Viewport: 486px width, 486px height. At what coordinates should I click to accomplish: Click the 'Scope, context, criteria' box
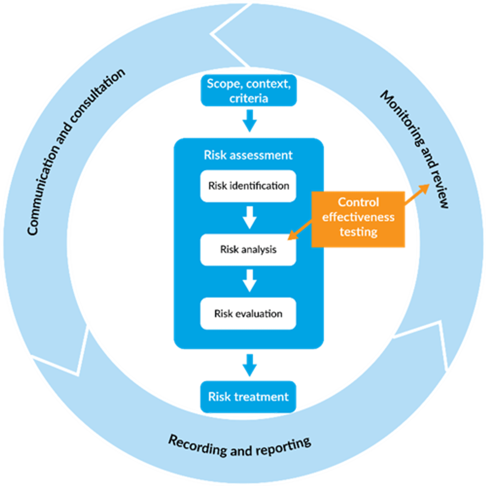click(x=249, y=91)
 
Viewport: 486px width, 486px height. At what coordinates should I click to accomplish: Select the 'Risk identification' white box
click(x=248, y=186)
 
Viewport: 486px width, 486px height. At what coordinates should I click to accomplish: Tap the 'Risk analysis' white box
click(x=248, y=249)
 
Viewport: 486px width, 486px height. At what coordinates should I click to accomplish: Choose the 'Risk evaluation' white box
click(x=248, y=314)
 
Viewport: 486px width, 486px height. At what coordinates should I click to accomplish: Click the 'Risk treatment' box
click(x=248, y=397)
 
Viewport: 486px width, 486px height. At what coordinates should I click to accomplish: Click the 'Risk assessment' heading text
click(x=248, y=155)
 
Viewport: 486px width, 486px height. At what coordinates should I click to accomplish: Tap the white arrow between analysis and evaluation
click(x=249, y=281)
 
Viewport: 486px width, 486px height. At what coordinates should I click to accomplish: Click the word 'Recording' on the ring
click(x=197, y=446)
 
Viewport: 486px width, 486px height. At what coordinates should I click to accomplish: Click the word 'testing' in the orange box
click(x=358, y=232)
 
